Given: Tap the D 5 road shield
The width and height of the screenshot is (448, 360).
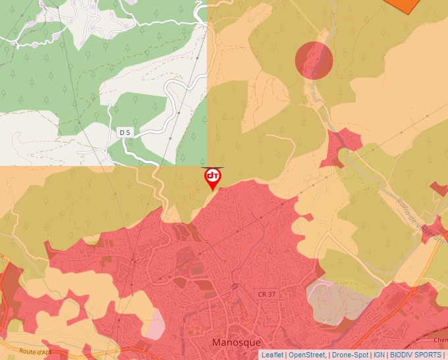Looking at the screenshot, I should tap(125, 133).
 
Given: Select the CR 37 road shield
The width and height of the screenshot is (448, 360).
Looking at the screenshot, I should tap(267, 293).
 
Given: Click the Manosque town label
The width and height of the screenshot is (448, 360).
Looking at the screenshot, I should tap(237, 343).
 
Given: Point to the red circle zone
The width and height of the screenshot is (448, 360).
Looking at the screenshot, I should tap(314, 60).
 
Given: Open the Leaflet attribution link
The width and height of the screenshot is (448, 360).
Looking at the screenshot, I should tap(272, 355).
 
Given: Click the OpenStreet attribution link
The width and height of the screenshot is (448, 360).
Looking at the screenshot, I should tap(308, 355).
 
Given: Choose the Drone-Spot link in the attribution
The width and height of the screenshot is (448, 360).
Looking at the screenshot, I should tap(350, 355).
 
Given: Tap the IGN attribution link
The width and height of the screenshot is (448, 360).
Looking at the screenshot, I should tap(379, 355).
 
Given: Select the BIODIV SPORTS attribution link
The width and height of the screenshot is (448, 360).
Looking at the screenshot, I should tap(416, 355).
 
